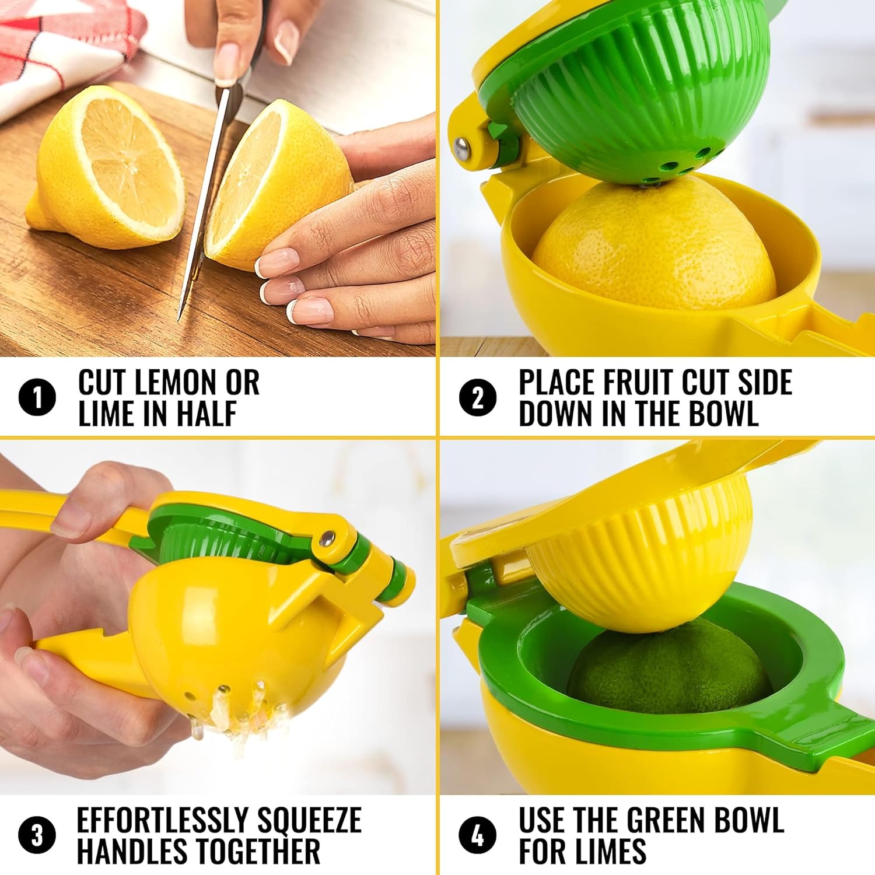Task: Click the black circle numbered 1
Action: point(37,398)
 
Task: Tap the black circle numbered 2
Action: point(478,398)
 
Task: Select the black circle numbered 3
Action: point(37,835)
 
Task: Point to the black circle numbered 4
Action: point(478,835)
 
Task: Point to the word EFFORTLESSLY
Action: point(163,820)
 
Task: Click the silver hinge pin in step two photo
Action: point(463,148)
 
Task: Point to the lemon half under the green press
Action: point(653,245)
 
